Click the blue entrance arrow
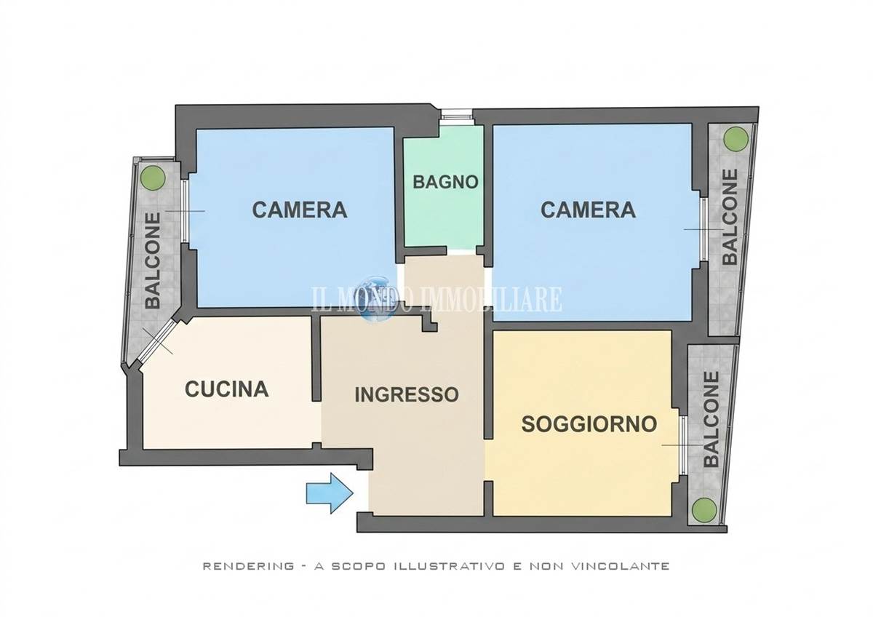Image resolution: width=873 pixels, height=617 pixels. click(330, 493)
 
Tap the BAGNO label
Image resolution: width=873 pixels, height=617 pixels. click(445, 182)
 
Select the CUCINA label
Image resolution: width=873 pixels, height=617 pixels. click(227, 389)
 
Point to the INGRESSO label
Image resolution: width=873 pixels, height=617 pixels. click(407, 394)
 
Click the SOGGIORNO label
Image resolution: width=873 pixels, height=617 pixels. click(589, 423)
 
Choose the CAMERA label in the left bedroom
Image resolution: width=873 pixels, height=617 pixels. click(300, 210)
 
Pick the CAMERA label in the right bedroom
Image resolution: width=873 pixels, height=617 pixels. click(588, 210)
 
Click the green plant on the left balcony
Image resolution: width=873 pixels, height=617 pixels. click(153, 178)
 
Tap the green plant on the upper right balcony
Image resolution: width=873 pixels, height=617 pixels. click(736, 138)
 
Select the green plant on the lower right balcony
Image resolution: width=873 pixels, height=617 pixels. click(704, 509)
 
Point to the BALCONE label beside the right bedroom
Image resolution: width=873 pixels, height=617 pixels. click(730, 217)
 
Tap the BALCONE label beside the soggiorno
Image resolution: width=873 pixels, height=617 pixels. click(711, 419)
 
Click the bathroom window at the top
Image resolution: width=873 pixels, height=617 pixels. click(456, 116)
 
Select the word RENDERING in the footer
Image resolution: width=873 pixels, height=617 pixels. click(248, 566)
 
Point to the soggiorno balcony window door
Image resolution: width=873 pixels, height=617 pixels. click(683, 445)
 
